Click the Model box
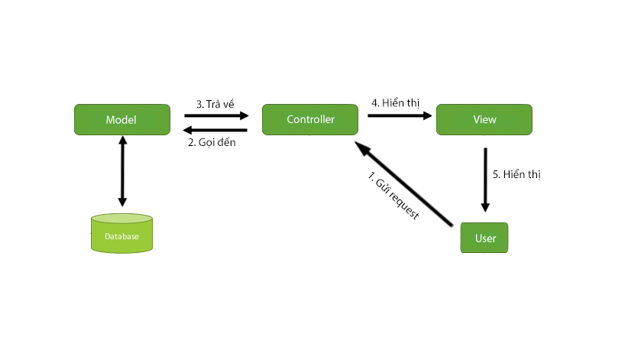121,120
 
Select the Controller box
310,120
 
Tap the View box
484,120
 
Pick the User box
484,238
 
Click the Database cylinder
121,233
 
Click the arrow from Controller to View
400,116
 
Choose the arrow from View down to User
485,180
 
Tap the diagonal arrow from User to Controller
405,183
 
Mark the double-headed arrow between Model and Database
121,172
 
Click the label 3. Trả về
215,103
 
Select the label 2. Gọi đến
217,142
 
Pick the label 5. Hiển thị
516,174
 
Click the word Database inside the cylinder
121,237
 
